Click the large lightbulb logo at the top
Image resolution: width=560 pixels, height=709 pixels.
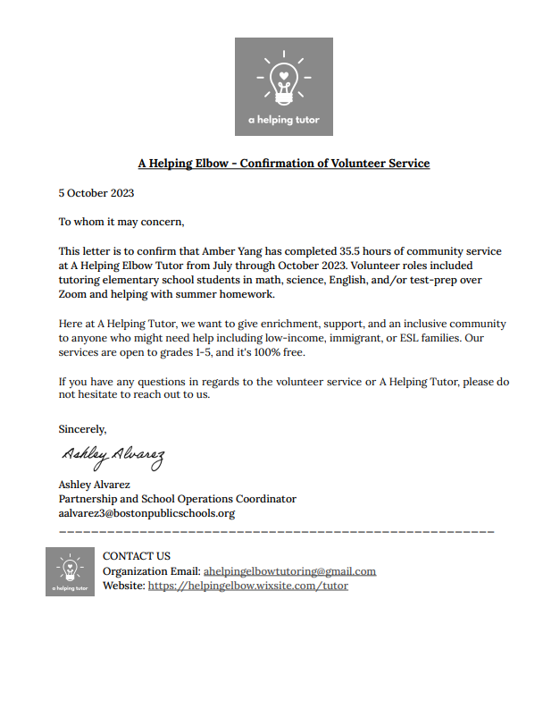click(x=283, y=86)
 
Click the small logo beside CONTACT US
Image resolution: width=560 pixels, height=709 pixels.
click(x=70, y=571)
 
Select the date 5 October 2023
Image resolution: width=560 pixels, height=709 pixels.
click(x=96, y=192)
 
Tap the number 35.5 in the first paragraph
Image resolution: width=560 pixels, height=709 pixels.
click(x=336, y=251)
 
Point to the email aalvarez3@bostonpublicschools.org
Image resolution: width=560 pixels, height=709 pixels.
click(x=146, y=513)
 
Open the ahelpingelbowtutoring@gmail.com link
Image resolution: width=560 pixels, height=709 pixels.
click(x=289, y=571)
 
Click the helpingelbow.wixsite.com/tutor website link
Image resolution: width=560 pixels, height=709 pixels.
click(x=247, y=586)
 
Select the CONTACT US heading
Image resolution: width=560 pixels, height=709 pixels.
click(x=136, y=556)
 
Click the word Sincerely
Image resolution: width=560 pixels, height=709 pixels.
click(x=82, y=428)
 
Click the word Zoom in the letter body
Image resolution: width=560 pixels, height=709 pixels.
click(x=73, y=294)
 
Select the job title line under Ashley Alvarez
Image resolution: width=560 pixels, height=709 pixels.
click(x=177, y=499)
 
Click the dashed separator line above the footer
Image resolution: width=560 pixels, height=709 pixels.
click(x=276, y=532)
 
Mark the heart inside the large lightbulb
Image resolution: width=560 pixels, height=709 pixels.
click(x=283, y=75)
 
